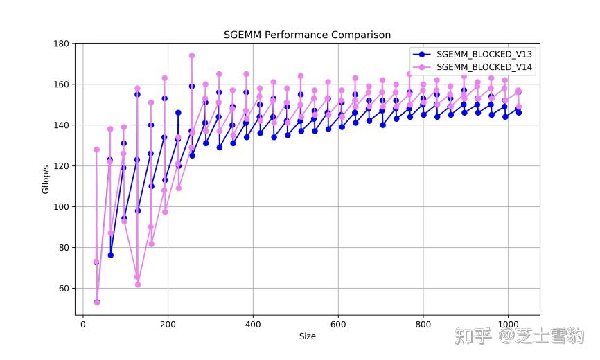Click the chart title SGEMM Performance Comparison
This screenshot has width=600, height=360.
[307, 35]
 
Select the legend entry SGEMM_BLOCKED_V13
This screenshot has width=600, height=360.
[483, 53]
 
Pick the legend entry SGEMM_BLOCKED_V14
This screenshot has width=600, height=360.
[483, 66]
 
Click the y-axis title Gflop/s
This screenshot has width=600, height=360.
[46, 179]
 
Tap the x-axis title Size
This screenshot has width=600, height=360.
[307, 336]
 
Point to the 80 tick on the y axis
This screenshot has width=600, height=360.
[64, 248]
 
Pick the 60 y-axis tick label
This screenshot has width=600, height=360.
[64, 289]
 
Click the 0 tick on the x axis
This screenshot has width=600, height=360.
[83, 324]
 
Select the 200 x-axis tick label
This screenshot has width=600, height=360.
[168, 324]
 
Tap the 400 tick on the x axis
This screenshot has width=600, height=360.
[253, 324]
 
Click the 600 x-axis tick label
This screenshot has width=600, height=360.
[338, 324]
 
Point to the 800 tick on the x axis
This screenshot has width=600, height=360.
[423, 324]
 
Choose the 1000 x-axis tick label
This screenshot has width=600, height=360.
[508, 324]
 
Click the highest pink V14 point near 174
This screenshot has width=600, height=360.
[192, 56]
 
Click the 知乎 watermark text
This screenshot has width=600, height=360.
[473, 337]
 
